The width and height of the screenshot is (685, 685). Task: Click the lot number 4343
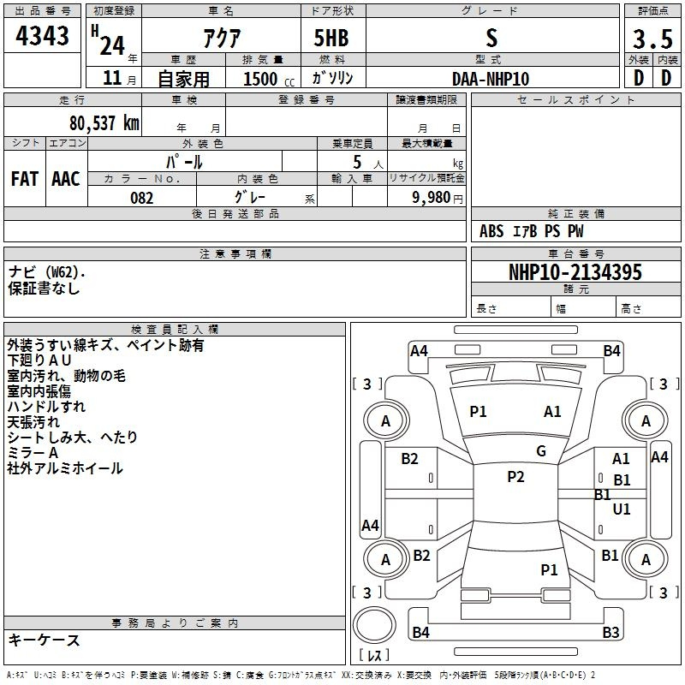tap(42, 35)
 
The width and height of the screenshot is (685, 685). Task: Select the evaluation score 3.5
tap(652, 39)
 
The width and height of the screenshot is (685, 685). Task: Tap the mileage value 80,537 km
tap(104, 122)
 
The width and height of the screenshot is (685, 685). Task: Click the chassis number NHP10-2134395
tap(575, 272)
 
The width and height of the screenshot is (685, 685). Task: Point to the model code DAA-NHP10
tap(491, 79)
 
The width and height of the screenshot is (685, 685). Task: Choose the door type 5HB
tap(331, 38)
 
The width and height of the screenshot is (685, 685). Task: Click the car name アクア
tap(222, 38)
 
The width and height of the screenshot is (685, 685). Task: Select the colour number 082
tap(142, 198)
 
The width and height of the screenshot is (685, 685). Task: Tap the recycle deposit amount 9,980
tap(432, 197)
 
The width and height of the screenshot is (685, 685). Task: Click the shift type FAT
tap(25, 179)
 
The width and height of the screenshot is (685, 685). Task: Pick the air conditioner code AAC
tap(66, 179)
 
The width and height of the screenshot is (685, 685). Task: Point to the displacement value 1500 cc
tap(269, 79)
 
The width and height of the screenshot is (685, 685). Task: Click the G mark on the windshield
tap(541, 451)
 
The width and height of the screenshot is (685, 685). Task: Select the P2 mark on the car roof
tap(515, 477)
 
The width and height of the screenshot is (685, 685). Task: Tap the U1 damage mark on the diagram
tap(622, 509)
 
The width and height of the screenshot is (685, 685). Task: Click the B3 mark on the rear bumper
tap(611, 632)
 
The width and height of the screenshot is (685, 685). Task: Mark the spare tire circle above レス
tap(374, 625)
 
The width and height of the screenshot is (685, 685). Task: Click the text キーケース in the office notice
tap(44, 640)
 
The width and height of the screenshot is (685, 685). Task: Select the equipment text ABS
tap(491, 231)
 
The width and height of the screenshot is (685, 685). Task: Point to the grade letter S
tap(491, 38)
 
